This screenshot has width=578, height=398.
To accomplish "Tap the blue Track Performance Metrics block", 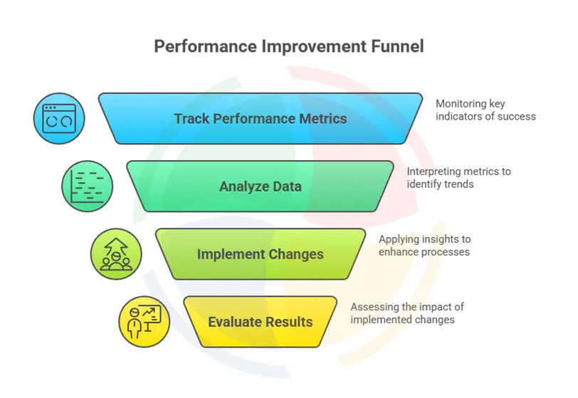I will [260, 118].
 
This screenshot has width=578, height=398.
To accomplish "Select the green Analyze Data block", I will [260, 187].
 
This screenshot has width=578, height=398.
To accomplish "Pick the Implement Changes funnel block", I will [260, 254].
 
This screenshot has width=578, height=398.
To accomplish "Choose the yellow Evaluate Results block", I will [260, 322].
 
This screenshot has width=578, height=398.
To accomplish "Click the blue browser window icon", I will [59, 118].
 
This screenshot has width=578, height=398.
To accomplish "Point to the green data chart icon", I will [87, 186].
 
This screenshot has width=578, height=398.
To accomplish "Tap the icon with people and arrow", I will [115, 253].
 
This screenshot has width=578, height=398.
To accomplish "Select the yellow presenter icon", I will [144, 322].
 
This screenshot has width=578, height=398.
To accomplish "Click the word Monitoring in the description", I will [461, 103].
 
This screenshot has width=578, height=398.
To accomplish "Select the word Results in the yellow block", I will [289, 322].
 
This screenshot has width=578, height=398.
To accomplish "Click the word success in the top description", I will [516, 116].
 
